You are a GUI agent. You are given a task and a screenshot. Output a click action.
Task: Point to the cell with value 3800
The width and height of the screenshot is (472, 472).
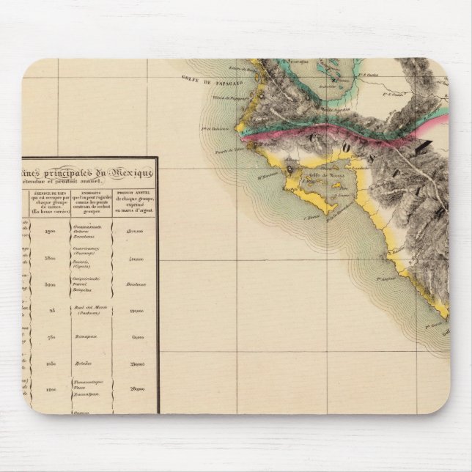51,259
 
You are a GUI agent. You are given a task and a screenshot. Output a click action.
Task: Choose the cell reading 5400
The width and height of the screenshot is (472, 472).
51,284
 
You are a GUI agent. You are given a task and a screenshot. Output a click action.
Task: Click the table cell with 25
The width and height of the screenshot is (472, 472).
53,311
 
